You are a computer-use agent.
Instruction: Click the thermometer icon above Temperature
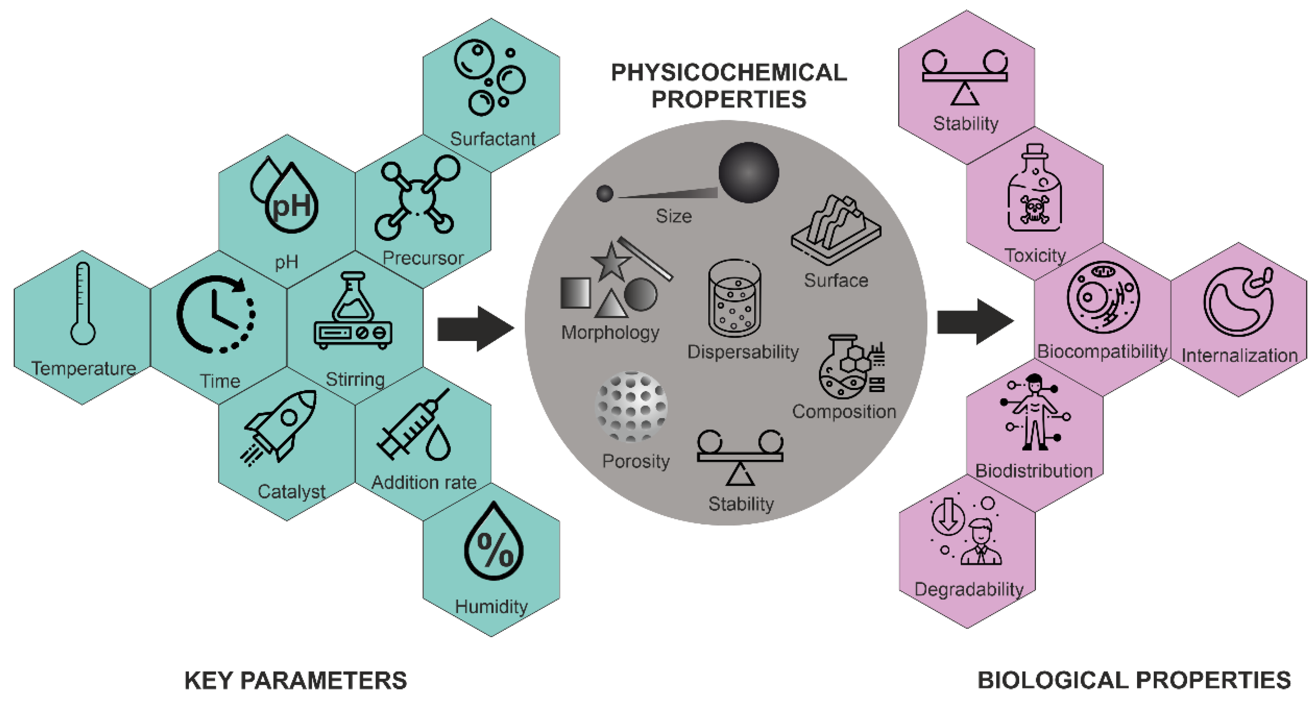(82, 304)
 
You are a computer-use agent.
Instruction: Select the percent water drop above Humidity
(493, 543)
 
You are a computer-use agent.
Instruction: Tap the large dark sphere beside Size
(748, 172)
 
